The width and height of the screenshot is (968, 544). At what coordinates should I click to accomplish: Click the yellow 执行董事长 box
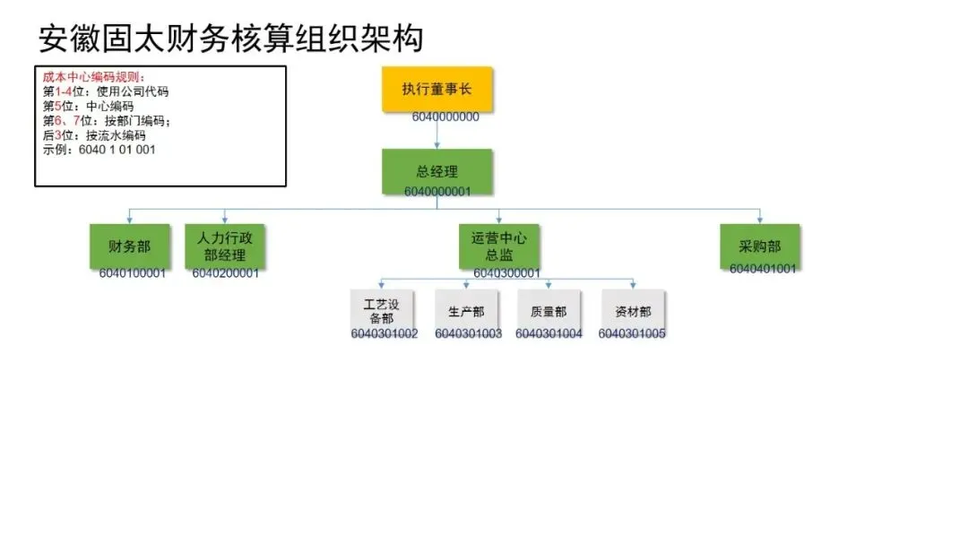pos(436,89)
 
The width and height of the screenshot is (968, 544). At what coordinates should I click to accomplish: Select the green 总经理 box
pos(436,171)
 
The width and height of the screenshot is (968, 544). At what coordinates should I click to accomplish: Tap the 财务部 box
pos(129,246)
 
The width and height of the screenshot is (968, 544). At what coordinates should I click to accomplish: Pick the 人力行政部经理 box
pos(224,246)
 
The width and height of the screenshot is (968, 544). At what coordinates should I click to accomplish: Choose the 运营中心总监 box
pos(499,246)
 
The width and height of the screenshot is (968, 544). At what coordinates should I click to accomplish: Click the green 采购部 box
pos(759,246)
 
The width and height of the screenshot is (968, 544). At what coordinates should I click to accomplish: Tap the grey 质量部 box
pos(549,311)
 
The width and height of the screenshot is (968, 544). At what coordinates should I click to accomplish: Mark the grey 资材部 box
pos(633,311)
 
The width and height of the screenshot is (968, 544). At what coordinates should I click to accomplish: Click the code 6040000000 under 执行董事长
pos(445,117)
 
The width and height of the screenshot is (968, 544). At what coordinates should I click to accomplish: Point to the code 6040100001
pos(133,273)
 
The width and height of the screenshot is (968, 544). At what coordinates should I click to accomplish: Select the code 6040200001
pos(225,273)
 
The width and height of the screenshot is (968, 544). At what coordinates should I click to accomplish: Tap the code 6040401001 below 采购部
pos(762,268)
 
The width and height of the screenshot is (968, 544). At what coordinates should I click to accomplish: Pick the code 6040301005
pos(632,334)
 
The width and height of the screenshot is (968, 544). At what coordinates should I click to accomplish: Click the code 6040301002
pos(385,334)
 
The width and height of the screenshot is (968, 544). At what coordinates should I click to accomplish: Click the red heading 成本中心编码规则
pos(93,78)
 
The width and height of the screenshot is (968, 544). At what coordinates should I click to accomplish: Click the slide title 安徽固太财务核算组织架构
pos(230,39)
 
